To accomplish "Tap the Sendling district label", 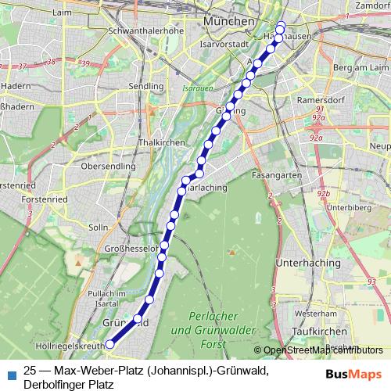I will (148, 86).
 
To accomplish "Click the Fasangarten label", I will (277, 176).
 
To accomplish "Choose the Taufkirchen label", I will (308, 331).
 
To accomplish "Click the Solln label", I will (99, 228).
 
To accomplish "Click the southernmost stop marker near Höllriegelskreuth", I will (110, 344).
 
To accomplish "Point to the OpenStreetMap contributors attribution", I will (323, 350).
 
